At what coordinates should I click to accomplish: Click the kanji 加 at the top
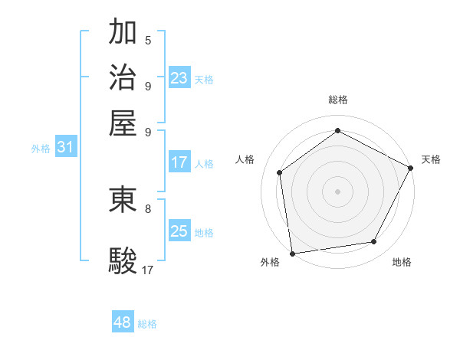point(123,33)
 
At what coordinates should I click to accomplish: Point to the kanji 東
point(123,199)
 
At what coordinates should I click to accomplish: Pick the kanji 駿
point(123,260)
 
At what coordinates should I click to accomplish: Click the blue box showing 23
point(179,77)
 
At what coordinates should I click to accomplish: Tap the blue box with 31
point(65,148)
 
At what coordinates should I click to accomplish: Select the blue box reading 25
point(179,231)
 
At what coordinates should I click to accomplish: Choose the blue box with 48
point(123,322)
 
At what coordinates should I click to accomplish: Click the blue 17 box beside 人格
point(179,162)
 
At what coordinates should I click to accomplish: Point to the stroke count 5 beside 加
point(148,40)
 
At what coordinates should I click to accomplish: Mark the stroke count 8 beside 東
point(148,208)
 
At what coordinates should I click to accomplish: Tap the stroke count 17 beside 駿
point(148,270)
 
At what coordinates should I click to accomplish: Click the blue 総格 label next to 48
point(147,324)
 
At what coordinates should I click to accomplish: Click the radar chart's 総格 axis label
point(337,100)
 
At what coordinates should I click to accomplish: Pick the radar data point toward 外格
point(292,253)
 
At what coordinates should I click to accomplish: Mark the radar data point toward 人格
point(280,172)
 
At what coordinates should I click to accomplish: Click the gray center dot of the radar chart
point(337,191)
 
